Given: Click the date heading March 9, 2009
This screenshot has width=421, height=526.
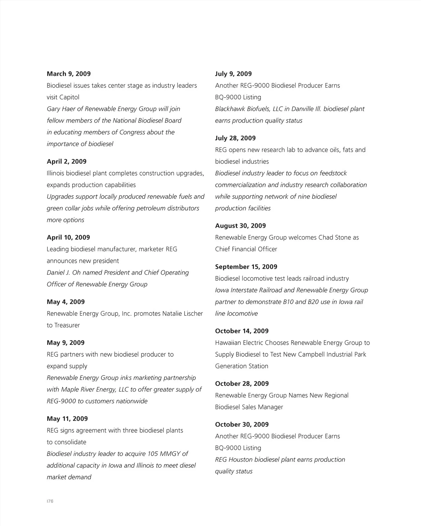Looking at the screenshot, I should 69,74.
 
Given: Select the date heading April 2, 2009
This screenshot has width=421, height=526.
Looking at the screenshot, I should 67,162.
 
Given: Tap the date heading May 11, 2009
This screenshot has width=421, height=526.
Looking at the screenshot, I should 67,419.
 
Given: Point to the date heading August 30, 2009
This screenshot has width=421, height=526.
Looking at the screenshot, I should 240,226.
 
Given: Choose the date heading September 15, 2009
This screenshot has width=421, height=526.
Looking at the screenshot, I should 246,267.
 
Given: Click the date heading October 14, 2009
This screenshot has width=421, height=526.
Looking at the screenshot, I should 242,331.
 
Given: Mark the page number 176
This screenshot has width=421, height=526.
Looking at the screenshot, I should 50,501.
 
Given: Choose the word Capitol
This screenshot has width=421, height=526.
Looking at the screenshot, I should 69,97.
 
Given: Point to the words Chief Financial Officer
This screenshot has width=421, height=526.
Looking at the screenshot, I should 246,249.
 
